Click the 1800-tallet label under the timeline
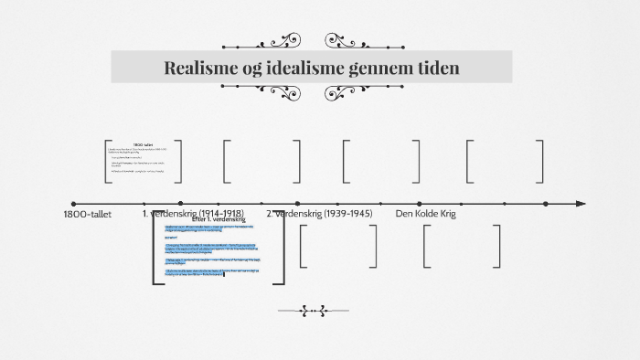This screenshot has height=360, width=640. [x=88, y=214]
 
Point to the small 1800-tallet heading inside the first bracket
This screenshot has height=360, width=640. [x=143, y=144]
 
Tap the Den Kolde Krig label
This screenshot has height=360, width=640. [x=425, y=214]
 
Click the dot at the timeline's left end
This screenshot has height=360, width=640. [x=73, y=204]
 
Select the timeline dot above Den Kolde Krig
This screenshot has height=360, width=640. [x=419, y=204]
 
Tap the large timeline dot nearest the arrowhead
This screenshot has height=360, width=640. [x=546, y=204]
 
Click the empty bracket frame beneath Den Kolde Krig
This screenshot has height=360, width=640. [x=463, y=246]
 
